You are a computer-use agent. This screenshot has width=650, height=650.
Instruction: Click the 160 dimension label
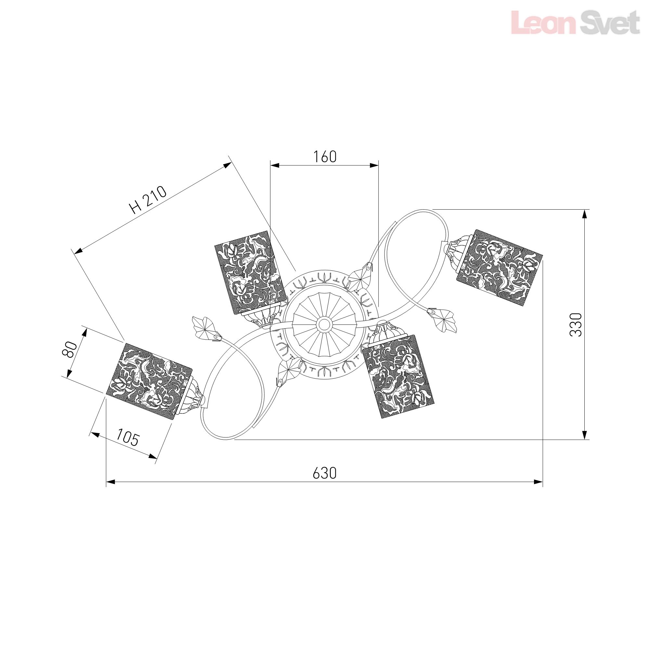[325, 157]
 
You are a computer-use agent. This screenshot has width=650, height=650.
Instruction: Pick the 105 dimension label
[127, 438]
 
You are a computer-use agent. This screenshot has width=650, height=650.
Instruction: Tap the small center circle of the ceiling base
[324, 324]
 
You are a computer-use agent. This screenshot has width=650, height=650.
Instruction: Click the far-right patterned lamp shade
[500, 268]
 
